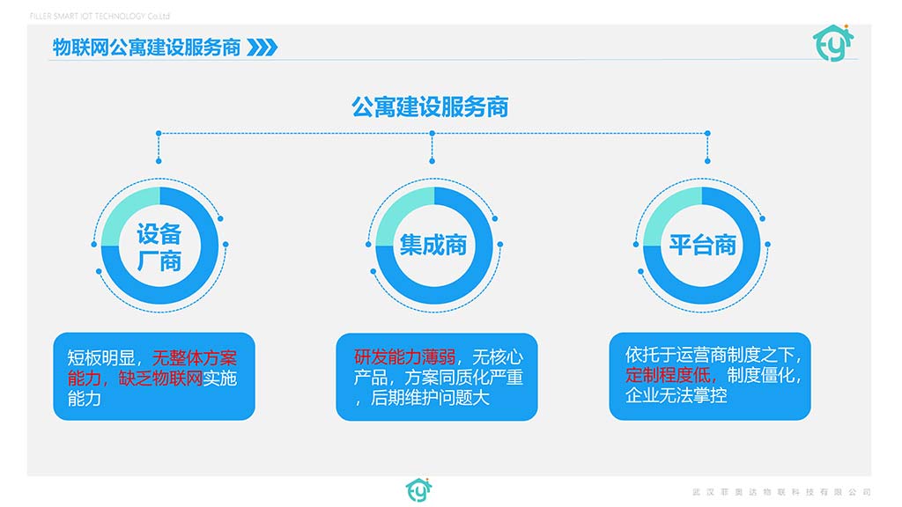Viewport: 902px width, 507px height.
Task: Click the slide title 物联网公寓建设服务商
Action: coord(146,48)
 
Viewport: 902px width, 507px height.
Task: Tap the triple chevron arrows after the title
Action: coord(262,48)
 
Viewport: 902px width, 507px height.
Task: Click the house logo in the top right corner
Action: coord(833,42)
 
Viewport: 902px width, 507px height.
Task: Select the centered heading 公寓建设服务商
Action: coord(430,107)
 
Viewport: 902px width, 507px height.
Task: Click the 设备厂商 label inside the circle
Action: coord(159,247)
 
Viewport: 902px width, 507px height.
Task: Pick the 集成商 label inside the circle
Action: coord(433,246)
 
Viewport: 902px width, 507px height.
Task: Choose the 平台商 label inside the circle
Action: coord(702,246)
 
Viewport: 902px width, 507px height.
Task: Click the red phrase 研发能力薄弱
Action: coord(405,357)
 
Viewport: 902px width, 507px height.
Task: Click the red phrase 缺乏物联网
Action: coord(160,378)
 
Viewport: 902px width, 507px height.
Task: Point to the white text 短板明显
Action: coord(101,358)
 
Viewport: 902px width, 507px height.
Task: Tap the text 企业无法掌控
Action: coord(676,395)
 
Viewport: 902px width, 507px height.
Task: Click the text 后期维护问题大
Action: coord(430,398)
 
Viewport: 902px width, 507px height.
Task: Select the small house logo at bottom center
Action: coord(418,489)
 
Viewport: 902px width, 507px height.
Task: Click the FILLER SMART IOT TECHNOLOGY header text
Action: coord(100,16)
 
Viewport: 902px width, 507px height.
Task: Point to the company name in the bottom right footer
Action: coord(782,492)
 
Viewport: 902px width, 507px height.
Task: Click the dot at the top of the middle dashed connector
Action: coord(432,134)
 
